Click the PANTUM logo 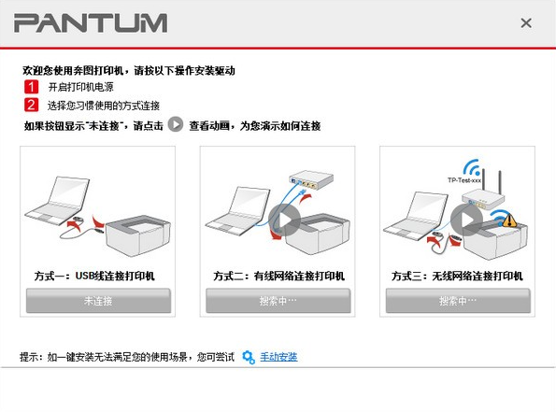click(91, 22)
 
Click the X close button click(526, 22)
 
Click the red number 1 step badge click(32, 87)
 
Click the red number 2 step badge click(32, 105)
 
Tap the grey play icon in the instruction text click(175, 124)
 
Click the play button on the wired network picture click(285, 220)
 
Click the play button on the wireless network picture click(464, 220)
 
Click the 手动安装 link click(278, 357)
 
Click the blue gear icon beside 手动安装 click(248, 357)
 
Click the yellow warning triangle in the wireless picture click(508, 221)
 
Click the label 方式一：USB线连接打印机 click(97, 277)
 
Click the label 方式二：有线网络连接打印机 click(278, 277)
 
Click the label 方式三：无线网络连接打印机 click(458, 277)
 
